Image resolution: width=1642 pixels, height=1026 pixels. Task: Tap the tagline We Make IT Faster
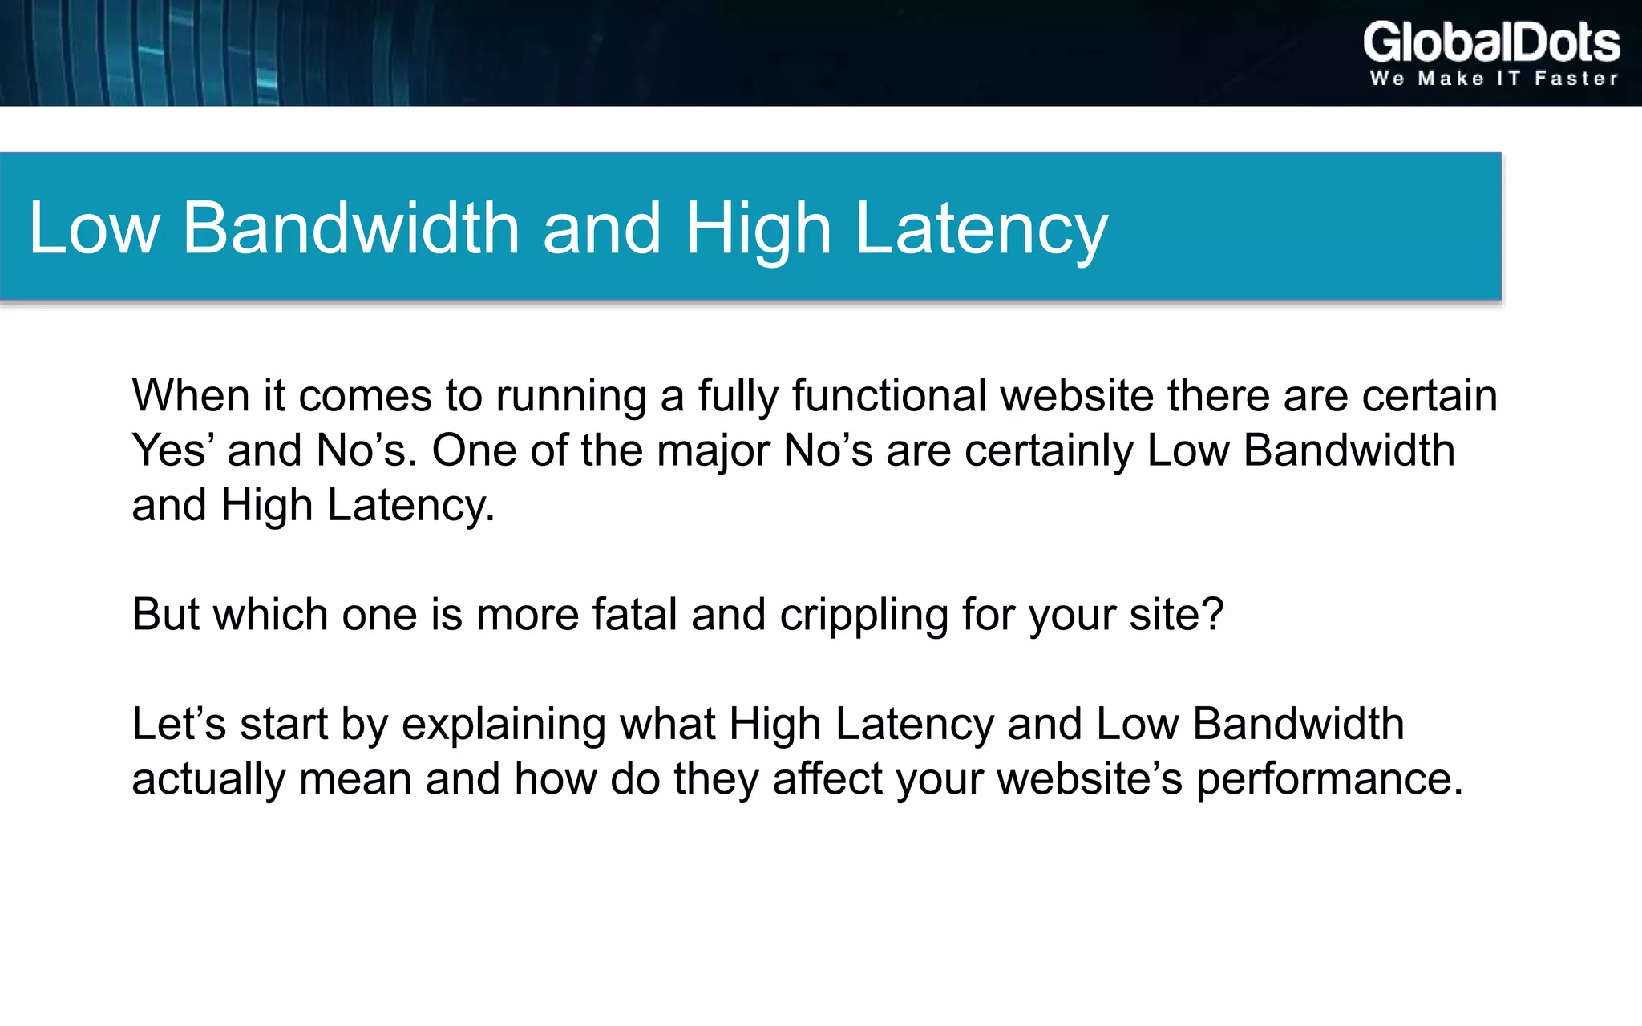(x=1494, y=79)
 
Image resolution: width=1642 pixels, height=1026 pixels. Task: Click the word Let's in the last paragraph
(x=179, y=724)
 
